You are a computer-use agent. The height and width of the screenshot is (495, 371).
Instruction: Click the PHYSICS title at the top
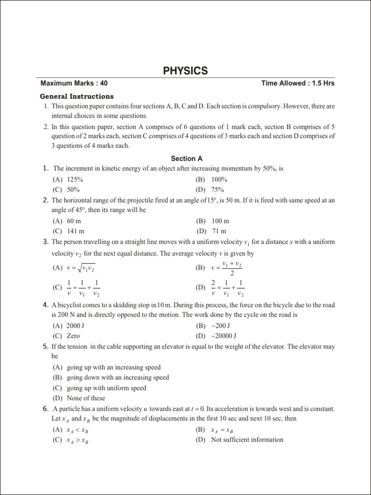tap(185, 71)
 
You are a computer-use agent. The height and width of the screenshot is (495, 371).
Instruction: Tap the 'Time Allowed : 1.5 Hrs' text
tap(298, 83)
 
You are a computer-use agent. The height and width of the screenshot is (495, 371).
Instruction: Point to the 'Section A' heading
tap(186, 158)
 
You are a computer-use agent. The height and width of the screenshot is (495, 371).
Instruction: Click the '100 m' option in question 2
tap(220, 221)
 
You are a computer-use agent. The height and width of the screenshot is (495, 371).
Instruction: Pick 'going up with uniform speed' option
tap(106, 388)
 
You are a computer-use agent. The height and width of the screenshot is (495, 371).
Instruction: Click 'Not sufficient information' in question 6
tap(247, 439)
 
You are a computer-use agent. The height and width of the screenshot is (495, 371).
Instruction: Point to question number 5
tap(45, 347)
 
